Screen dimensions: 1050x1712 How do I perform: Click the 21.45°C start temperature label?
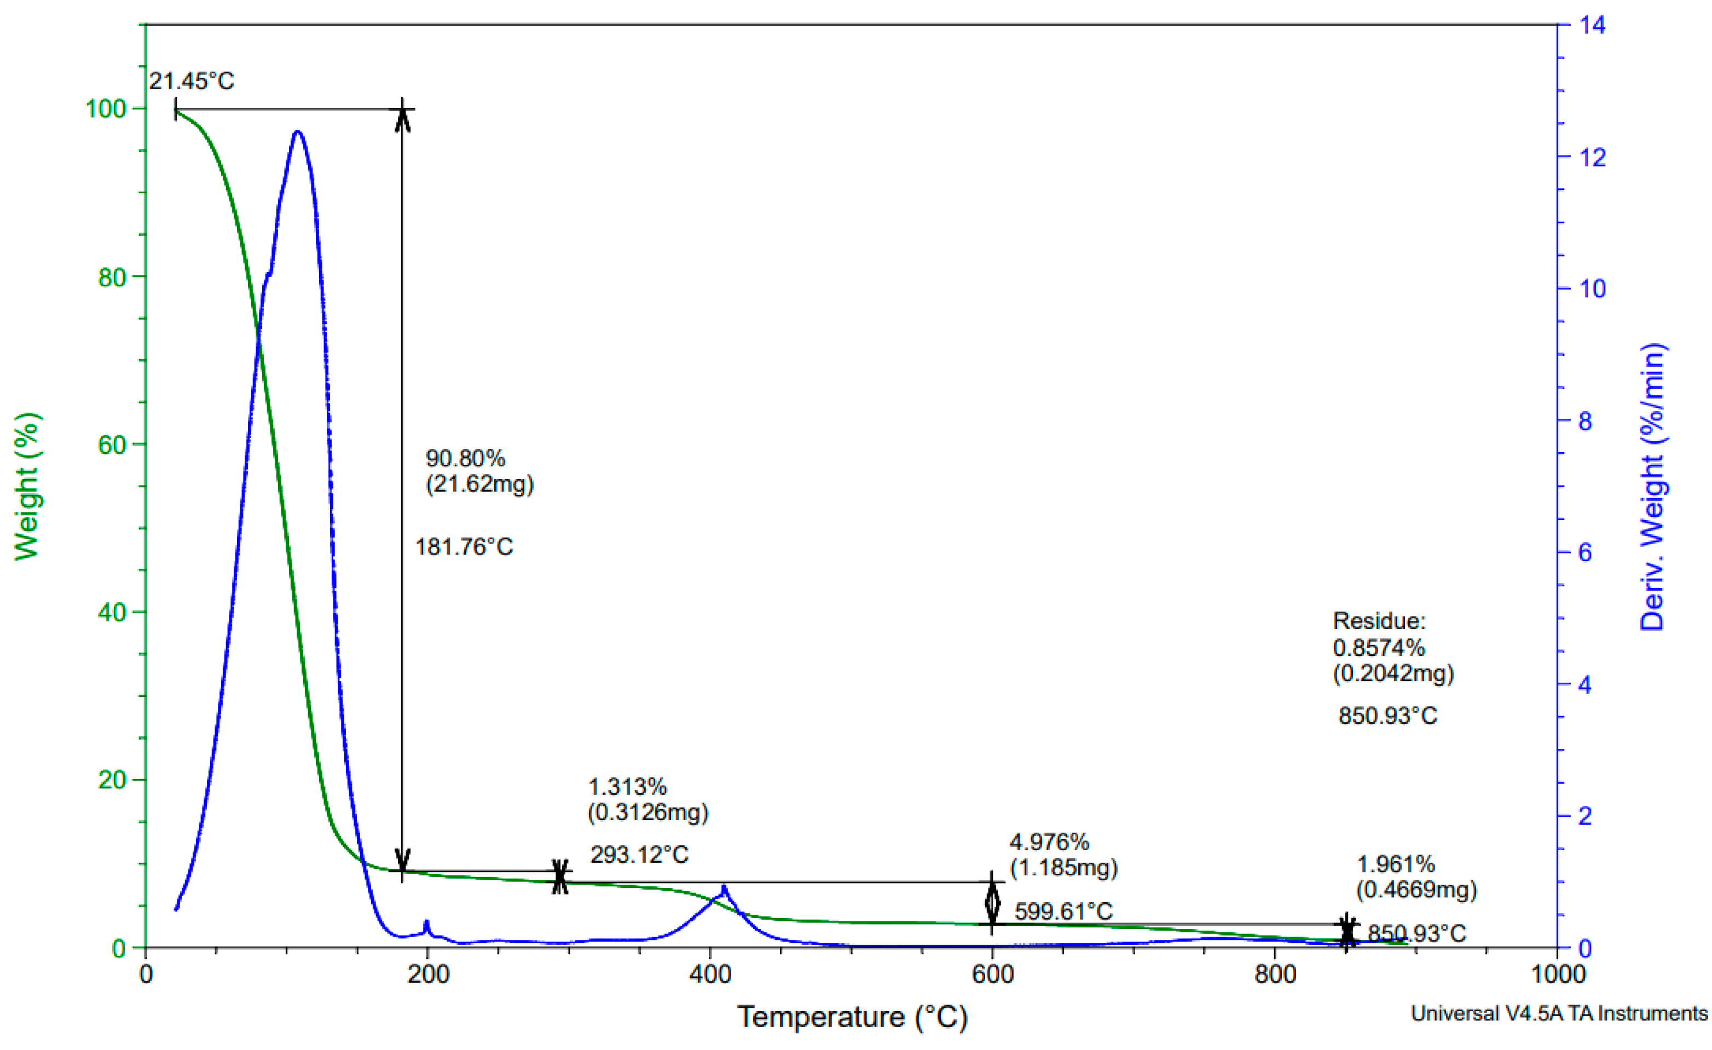pos(192,82)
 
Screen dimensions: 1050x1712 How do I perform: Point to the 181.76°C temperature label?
pos(464,547)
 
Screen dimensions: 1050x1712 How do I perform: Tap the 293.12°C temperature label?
pos(639,855)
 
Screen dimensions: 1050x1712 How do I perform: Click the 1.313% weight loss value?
pos(627,787)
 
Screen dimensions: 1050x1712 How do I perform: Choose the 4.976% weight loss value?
pos(1049,842)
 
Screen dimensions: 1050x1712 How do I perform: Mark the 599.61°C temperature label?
pos(1063,911)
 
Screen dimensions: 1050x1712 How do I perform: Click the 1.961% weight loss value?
pos(1396,864)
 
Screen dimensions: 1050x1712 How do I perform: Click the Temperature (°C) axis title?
pos(852,1017)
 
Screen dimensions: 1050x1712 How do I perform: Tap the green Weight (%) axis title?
pos(28,487)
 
